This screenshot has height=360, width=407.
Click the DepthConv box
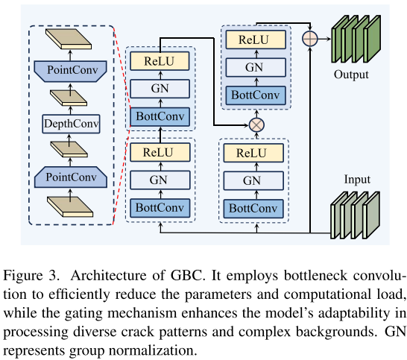point(71,124)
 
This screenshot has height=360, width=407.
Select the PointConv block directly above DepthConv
point(70,72)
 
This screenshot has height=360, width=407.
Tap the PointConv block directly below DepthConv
point(71,177)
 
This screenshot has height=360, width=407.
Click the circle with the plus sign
point(310,39)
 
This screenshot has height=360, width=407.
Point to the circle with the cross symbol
point(256,125)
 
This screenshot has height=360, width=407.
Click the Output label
point(351,75)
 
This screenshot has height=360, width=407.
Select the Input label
point(357,180)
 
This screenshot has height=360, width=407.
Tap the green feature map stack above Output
point(356,39)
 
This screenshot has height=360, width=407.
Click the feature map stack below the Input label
point(355,215)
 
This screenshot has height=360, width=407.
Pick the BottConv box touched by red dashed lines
point(160,116)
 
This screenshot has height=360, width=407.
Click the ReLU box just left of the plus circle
point(256,40)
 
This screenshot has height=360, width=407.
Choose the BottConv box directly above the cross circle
point(256,95)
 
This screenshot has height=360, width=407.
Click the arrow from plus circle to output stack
point(324,39)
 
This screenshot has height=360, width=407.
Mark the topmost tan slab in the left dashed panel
point(69,39)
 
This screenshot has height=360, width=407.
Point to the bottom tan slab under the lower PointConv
point(70,206)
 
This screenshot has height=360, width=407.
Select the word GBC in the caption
point(186,275)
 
